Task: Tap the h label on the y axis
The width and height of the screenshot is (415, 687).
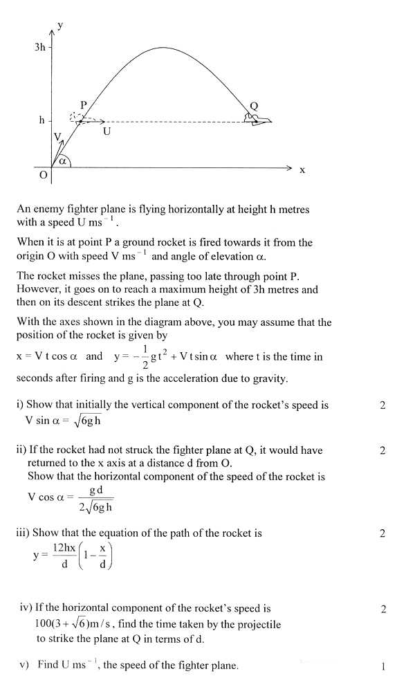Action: click(x=41, y=120)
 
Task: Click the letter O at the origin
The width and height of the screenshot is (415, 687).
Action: click(x=43, y=176)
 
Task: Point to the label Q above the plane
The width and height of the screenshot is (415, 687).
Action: click(x=253, y=106)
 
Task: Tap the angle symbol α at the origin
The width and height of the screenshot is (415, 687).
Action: click(x=62, y=161)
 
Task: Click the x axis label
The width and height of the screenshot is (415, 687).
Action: click(x=302, y=170)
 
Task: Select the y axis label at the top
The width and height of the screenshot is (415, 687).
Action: click(x=61, y=25)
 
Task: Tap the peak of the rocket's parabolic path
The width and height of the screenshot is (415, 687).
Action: click(x=162, y=48)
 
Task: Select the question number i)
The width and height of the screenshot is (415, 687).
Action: click(x=21, y=405)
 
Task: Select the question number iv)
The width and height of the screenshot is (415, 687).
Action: click(x=26, y=609)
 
